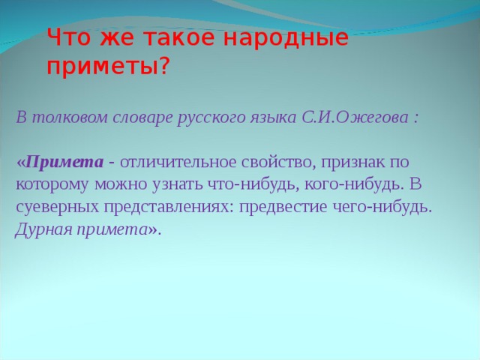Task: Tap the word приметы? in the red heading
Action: point(108,67)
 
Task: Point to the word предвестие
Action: point(284,207)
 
